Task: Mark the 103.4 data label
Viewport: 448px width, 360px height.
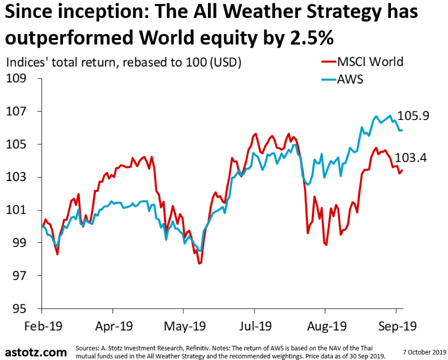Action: click(411, 158)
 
